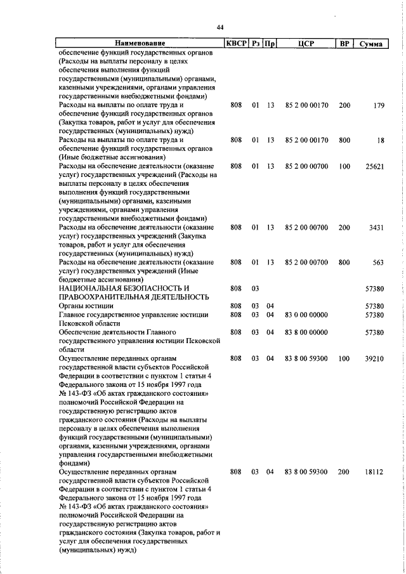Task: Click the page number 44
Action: point(219,27)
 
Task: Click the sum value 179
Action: point(378,105)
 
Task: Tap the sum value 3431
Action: point(376,227)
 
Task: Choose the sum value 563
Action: point(377,262)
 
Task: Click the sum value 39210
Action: point(374,358)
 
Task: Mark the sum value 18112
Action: point(374,472)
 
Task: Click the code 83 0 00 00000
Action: point(306,315)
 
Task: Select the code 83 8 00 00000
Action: point(306,332)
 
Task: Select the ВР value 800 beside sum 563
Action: point(344,262)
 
